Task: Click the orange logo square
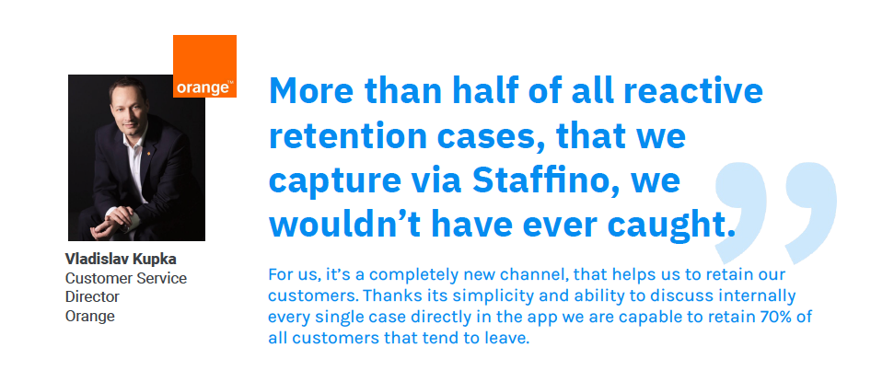pos(204,66)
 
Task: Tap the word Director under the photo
pos(92,296)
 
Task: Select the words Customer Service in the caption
pos(125,277)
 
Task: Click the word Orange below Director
pos(89,316)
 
